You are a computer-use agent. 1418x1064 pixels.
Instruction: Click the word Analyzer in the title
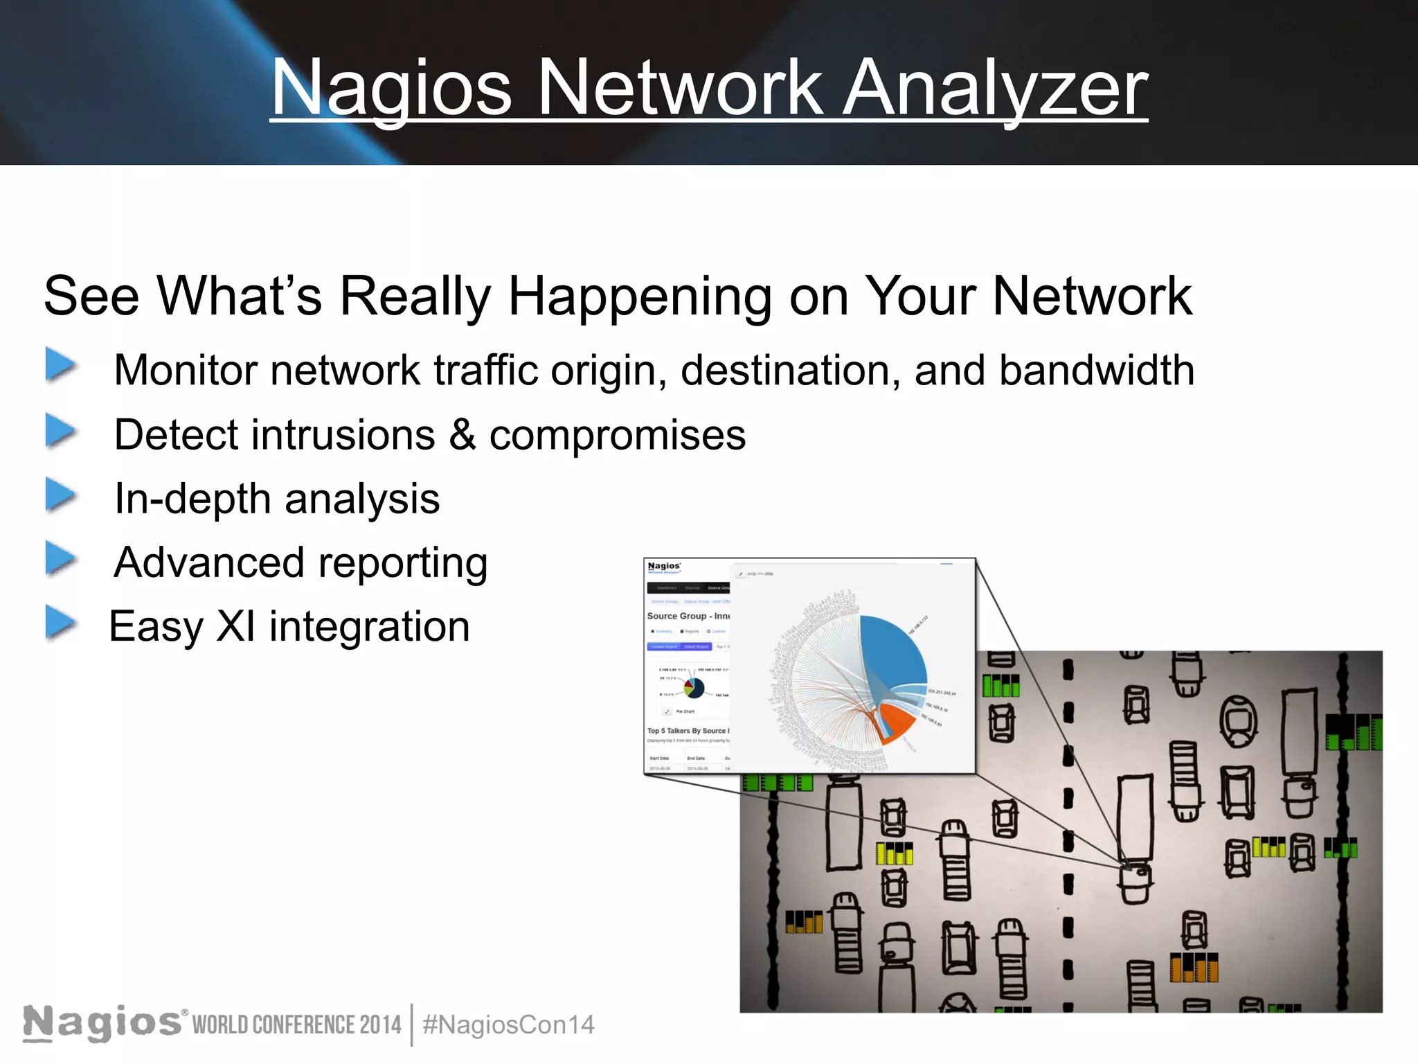pos(994,89)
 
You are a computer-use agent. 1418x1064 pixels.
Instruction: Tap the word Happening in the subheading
pos(638,296)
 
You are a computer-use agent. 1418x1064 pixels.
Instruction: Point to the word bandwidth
pos(1096,370)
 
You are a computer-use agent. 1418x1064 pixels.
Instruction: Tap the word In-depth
pos(192,499)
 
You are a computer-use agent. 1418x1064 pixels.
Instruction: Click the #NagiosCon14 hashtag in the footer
pos(508,1025)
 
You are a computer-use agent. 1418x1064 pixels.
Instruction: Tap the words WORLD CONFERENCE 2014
pos(296,1025)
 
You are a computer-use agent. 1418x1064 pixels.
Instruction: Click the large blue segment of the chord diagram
pos(893,651)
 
